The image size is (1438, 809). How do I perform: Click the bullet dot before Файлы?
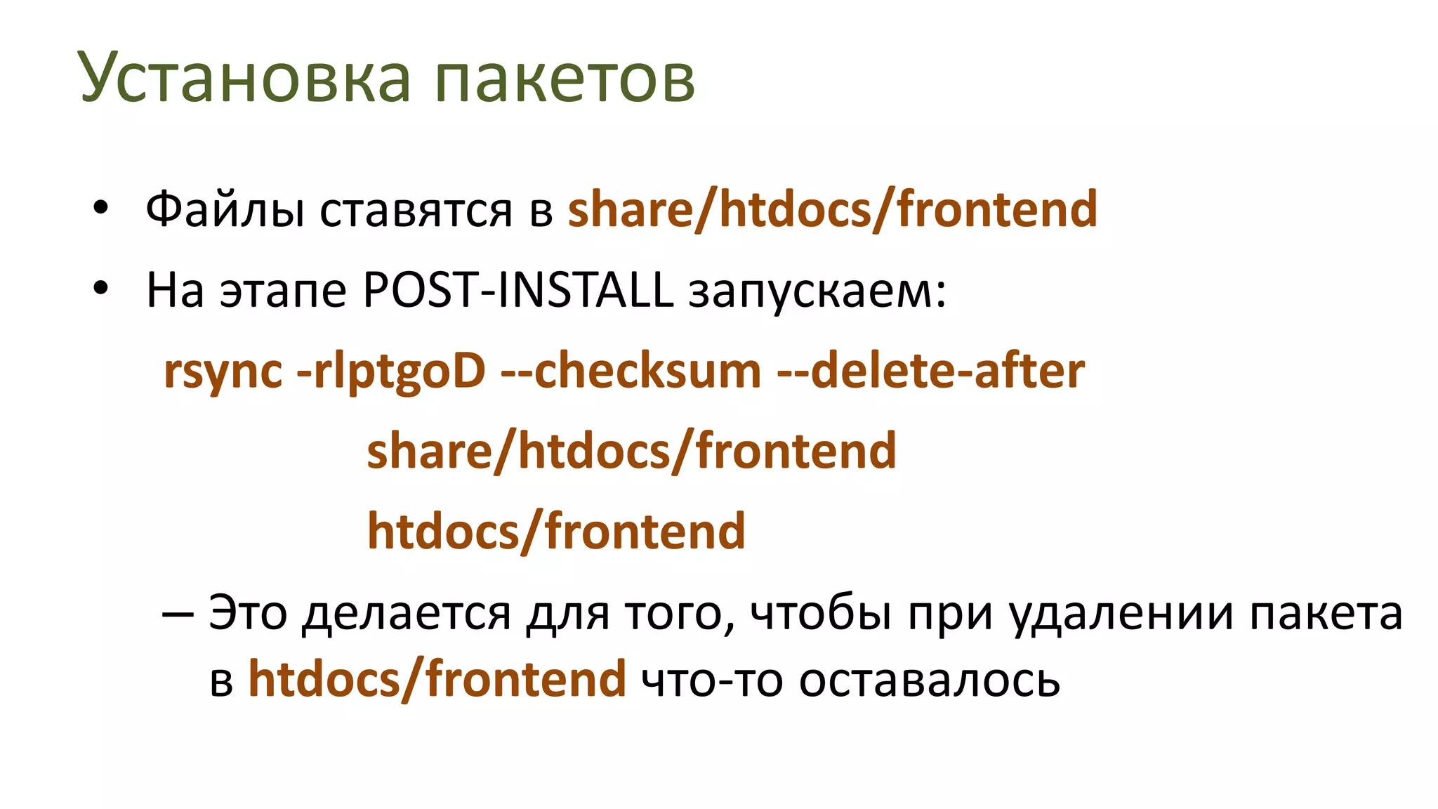101,207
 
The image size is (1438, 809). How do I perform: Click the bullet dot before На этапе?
101,288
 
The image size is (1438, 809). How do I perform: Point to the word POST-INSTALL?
518,289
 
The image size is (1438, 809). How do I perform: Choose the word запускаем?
817,291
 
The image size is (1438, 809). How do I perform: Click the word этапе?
283,291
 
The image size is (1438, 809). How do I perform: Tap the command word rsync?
223,371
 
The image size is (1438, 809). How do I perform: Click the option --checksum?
631,370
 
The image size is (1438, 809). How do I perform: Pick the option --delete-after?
930,370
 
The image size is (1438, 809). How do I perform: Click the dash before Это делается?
177,613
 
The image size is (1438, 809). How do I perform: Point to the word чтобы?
821,613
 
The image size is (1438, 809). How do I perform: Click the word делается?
407,613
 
